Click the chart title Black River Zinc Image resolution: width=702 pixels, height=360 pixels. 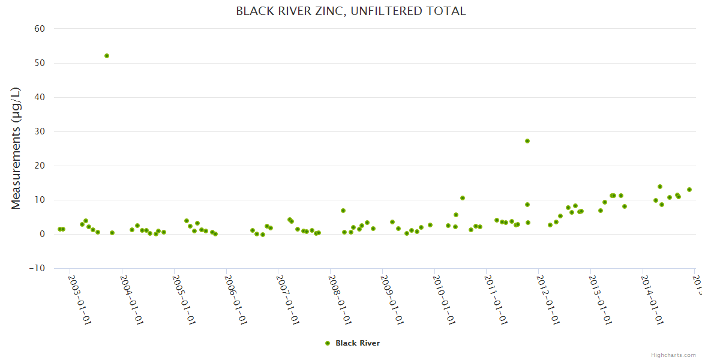click(351, 11)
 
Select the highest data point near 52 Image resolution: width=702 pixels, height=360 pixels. click(107, 56)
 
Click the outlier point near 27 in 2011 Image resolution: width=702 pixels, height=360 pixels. click(527, 141)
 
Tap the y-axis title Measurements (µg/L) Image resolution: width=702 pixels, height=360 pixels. click(16, 148)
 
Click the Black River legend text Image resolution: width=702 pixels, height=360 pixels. click(358, 343)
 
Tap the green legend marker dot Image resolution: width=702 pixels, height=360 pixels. click(328, 343)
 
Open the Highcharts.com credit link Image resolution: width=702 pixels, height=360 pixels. click(674, 355)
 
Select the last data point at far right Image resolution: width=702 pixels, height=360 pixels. click(689, 190)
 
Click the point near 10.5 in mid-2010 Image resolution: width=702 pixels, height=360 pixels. click(463, 198)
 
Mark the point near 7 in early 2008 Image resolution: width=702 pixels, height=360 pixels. click(343, 211)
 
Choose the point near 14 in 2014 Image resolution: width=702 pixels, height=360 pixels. click(660, 187)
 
